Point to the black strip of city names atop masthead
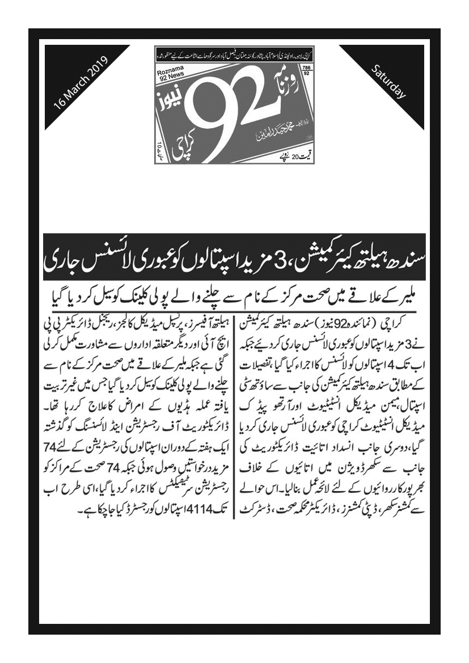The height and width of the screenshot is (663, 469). click(x=234, y=56)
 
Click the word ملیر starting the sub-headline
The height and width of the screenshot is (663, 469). click(x=409, y=295)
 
